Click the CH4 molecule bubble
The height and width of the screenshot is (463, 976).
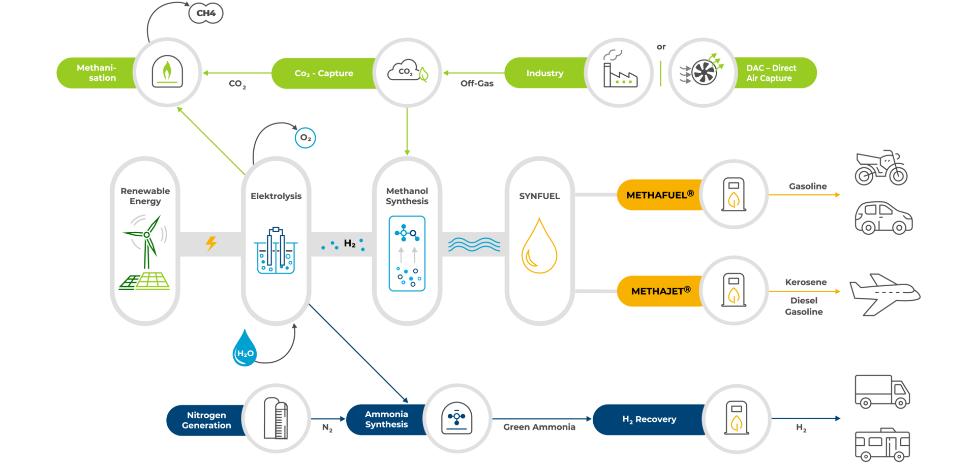pos(206,13)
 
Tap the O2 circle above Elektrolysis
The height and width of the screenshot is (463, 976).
pos(306,138)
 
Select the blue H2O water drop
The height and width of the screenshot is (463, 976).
pos(245,349)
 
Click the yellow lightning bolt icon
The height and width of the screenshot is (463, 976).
pos(211,243)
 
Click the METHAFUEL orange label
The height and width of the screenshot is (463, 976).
pos(659,195)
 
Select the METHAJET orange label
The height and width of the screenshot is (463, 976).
pos(660,291)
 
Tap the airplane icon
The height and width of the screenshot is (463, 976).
pos(884,294)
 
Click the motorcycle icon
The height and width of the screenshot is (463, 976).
pos(881,167)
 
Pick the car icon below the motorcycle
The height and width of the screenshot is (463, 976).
pos(883,218)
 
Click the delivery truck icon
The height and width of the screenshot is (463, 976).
pos(882,391)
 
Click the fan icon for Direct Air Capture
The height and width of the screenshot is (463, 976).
pos(704,72)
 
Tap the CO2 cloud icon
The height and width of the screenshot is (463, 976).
pos(407,72)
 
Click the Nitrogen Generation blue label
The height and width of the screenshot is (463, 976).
pos(206,420)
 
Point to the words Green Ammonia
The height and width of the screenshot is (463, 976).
pos(539,427)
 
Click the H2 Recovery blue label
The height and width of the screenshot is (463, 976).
pos(649,419)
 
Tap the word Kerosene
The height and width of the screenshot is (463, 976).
pos(806,282)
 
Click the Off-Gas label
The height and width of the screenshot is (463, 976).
pos(477,83)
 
